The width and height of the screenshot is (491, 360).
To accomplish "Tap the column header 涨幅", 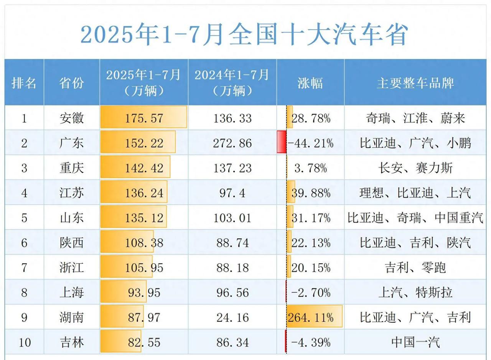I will [310, 83].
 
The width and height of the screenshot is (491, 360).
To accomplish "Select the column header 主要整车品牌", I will [415, 83].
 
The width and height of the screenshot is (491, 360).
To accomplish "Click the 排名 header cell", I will [24, 83].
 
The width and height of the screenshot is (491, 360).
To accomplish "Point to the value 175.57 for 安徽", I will [144, 118].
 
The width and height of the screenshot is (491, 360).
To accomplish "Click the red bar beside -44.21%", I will [281, 142].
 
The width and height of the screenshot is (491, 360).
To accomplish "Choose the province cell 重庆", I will [72, 168].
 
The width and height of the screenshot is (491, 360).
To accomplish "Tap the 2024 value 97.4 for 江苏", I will [232, 193].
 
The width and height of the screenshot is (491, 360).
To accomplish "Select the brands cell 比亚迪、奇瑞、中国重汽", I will [415, 218].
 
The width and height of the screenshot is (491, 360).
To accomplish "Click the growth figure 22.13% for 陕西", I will [311, 243].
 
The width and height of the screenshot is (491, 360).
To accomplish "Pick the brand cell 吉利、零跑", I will [415, 268].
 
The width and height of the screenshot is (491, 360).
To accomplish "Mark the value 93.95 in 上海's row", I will [144, 293].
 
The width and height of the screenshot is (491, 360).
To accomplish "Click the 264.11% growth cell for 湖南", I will [311, 317].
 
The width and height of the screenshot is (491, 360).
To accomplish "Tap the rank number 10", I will [24, 342].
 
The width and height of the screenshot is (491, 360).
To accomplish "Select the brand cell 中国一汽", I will [415, 342].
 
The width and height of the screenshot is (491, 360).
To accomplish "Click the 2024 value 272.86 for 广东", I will [232, 143].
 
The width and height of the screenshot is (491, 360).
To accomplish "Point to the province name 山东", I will [72, 218].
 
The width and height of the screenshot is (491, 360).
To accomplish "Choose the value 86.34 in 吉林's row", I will [232, 342].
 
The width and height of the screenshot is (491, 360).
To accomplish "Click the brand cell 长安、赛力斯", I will [415, 168].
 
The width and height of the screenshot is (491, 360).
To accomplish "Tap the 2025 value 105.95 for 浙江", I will [144, 268].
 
